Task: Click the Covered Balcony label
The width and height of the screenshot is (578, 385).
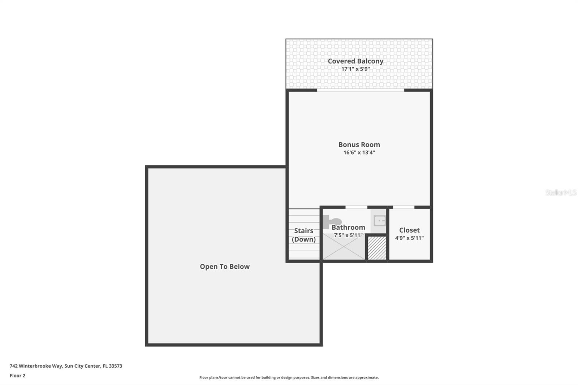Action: (355, 61)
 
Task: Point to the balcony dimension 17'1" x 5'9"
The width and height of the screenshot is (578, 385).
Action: (355, 69)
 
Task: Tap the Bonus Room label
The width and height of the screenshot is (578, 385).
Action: (359, 144)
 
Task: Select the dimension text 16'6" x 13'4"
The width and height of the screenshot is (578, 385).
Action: (359, 152)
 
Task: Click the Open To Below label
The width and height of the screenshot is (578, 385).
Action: (225, 267)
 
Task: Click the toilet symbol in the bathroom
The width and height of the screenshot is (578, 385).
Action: (332, 221)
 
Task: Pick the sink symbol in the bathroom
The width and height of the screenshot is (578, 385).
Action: (379, 220)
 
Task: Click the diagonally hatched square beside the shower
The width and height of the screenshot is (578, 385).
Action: (377, 248)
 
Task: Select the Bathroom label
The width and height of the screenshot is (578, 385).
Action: (348, 227)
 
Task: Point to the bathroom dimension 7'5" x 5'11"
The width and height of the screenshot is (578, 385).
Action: (348, 235)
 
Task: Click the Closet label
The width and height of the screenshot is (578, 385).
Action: (409, 230)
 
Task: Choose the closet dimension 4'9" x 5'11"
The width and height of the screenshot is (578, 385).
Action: (409, 238)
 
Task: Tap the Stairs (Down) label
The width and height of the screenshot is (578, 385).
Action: (304, 235)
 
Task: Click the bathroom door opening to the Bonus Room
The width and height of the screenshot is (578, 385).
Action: (356, 207)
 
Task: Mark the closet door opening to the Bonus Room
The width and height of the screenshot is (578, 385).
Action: (404, 207)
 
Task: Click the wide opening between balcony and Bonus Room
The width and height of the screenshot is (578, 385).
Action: (361, 90)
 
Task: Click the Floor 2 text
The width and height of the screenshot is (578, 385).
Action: (17, 376)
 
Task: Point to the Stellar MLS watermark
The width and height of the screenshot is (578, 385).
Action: (561, 192)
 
